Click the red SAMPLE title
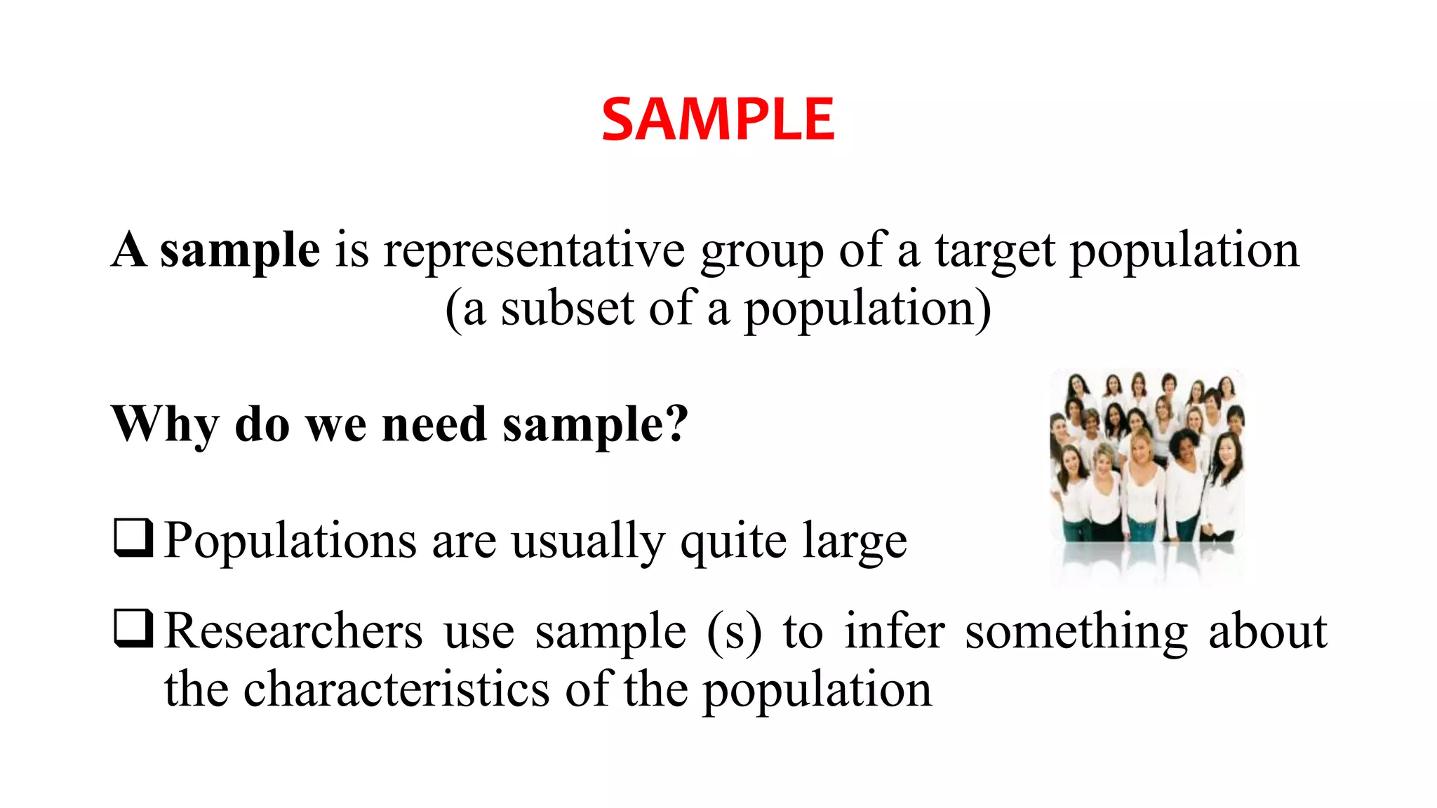point(718,119)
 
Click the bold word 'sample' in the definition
point(240,250)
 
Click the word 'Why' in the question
point(166,424)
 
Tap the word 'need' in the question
point(434,424)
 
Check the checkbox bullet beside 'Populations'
point(133,538)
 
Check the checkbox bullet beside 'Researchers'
point(133,628)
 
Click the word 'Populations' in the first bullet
point(290,541)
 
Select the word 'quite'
point(733,542)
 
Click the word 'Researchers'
point(293,631)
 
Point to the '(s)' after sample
point(734,632)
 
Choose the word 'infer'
point(895,631)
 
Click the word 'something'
point(1076,632)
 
